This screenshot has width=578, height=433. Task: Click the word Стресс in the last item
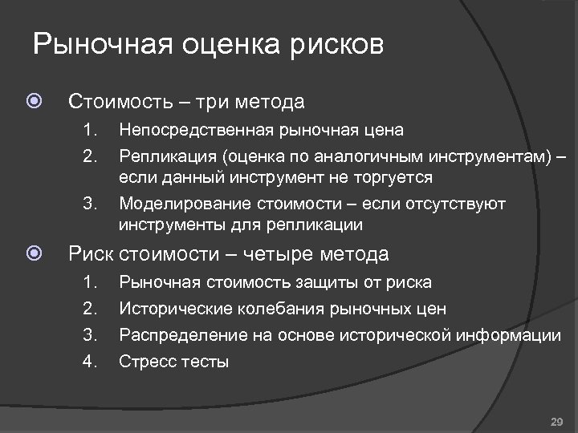(145, 362)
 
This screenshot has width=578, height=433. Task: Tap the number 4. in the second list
(89, 362)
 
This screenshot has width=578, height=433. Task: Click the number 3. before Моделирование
(89, 204)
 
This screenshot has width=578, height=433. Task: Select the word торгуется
(391, 177)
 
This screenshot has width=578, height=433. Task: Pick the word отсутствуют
(454, 204)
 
